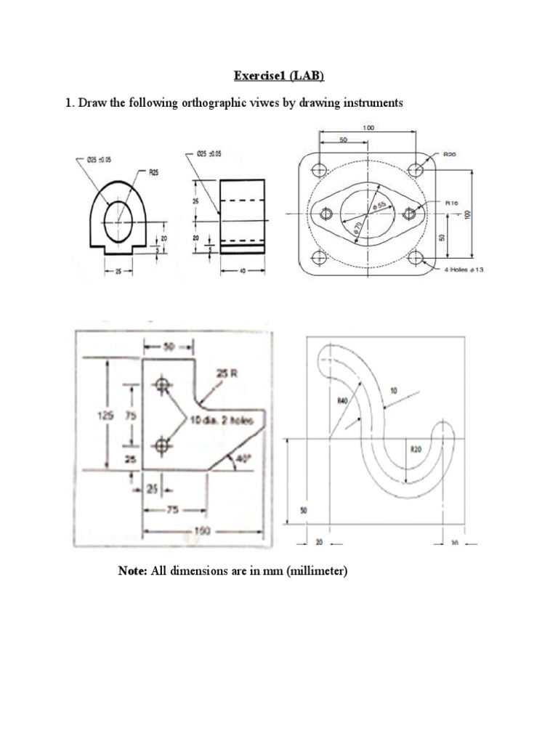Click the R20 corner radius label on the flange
[450, 155]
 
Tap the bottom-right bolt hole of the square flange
[415, 256]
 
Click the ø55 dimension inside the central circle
[376, 205]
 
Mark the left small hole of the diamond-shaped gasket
[325, 214]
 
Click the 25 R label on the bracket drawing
[227, 373]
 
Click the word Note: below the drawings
[132, 571]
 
